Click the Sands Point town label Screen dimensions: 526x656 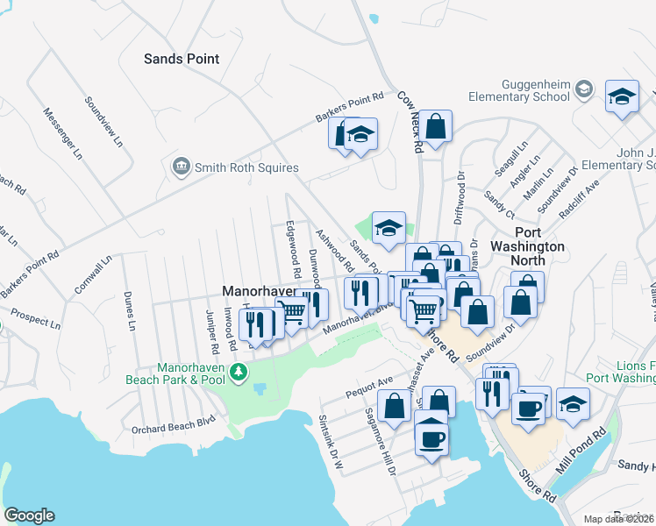(182, 59)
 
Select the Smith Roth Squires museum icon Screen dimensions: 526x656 (182, 167)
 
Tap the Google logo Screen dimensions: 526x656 (29, 515)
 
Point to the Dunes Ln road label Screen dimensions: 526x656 (131, 310)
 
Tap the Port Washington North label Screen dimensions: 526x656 (527, 247)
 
